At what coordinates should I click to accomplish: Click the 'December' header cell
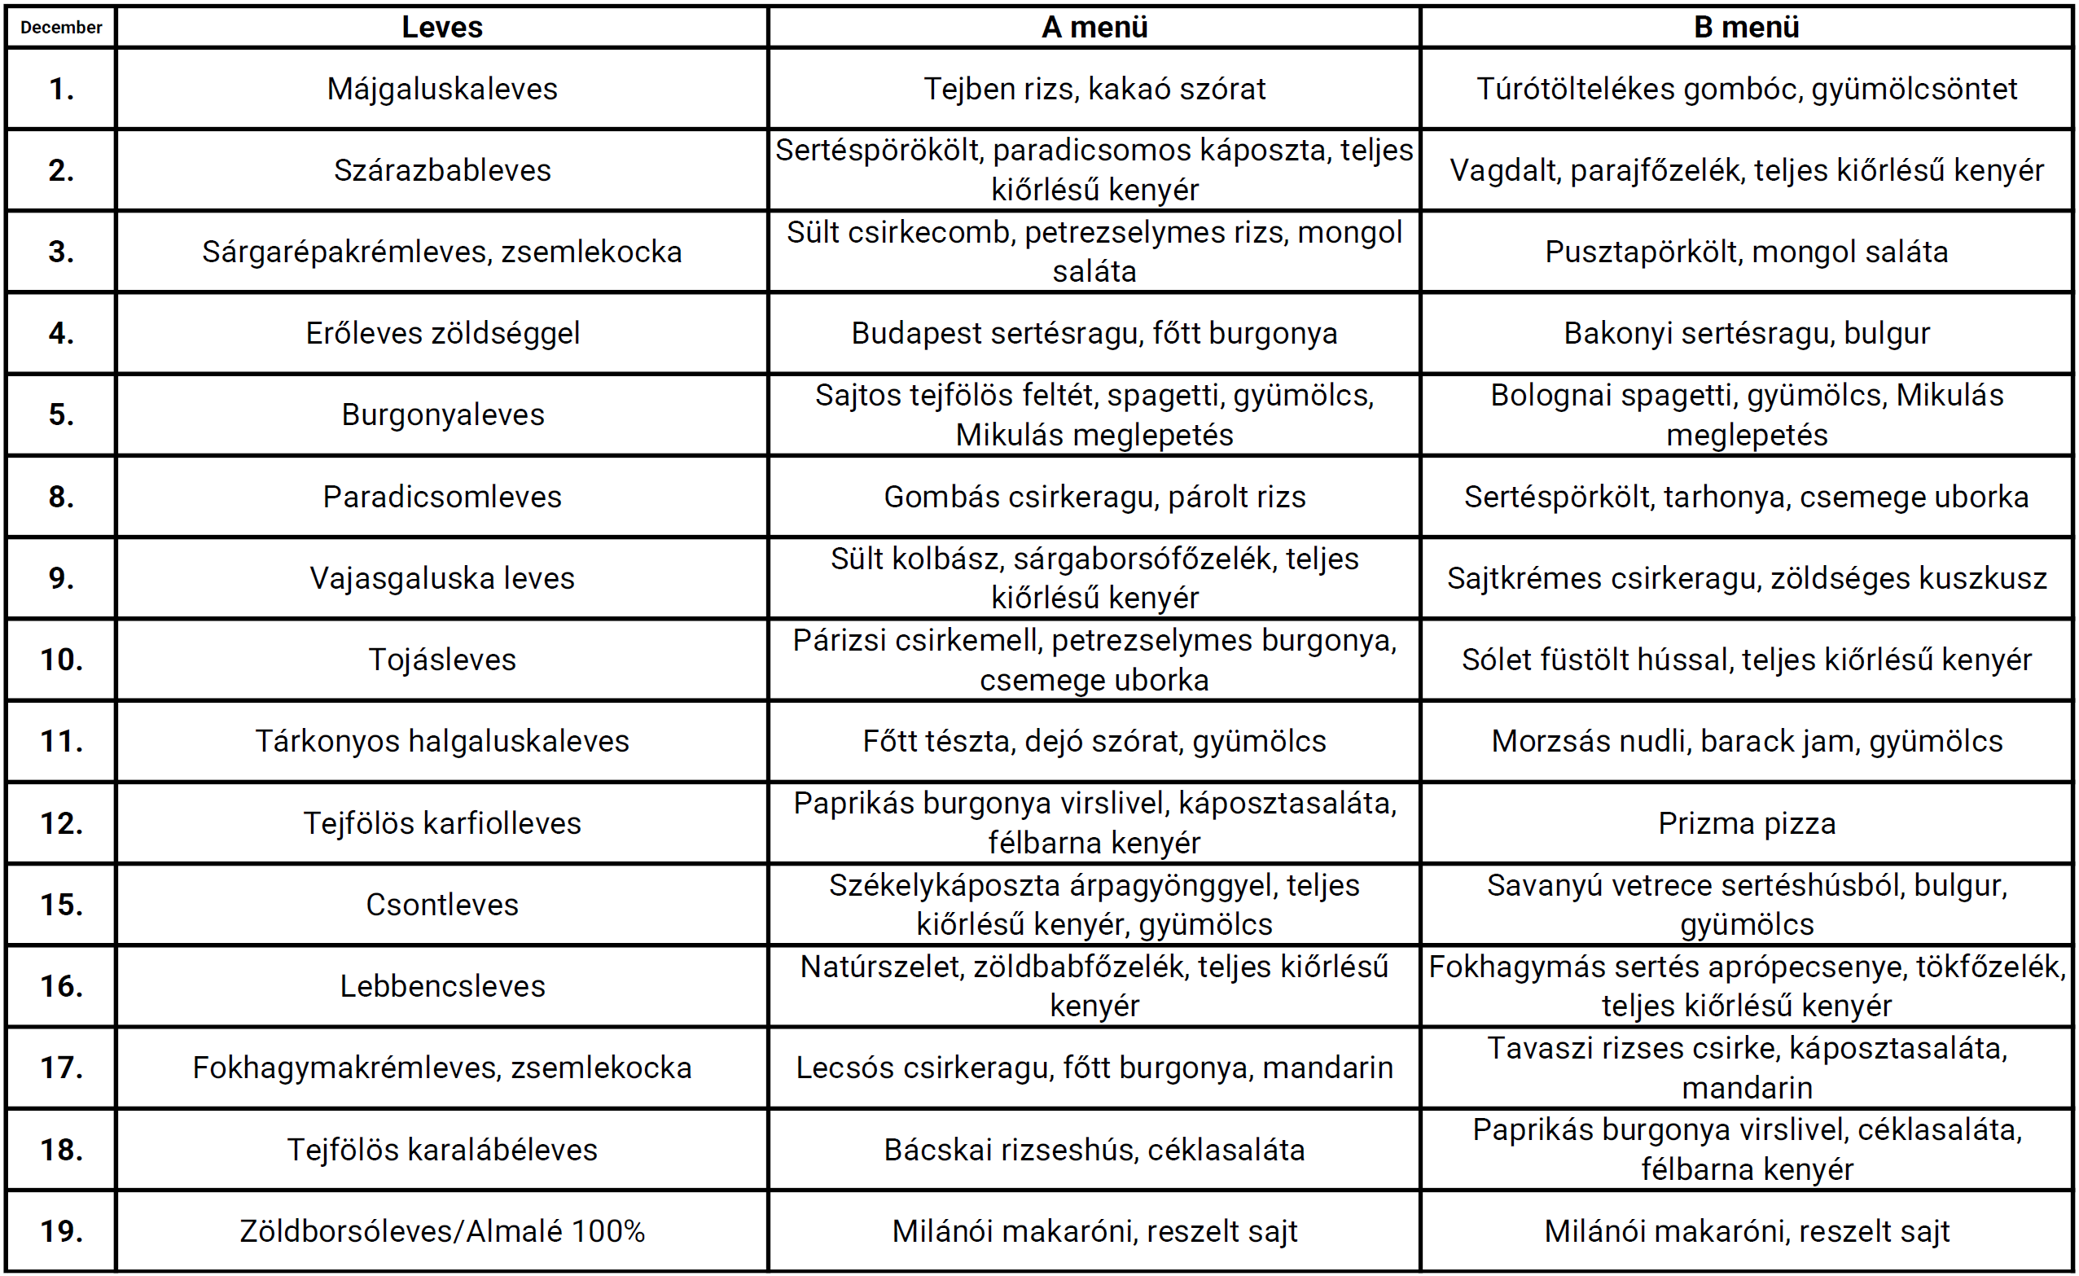61,27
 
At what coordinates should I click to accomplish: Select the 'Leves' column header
442,27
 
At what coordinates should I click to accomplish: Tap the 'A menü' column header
1094,27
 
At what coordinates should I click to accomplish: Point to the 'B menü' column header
1747,27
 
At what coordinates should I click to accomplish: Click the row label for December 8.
61,496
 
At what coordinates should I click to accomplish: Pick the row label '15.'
61,904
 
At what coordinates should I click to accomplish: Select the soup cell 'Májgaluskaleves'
442,89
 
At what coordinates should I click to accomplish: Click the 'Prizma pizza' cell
1747,822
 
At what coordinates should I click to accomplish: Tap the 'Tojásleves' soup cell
442,659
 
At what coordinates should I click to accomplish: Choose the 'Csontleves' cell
442,904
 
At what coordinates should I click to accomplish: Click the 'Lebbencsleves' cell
442,985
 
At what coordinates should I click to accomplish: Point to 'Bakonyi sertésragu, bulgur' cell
1747,333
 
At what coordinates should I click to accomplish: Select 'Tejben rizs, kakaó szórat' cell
1094,89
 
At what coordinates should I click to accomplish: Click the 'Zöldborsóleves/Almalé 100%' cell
442,1230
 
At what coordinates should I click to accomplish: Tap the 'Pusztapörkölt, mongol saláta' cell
1747,252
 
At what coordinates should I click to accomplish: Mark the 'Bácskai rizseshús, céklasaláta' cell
1094,1150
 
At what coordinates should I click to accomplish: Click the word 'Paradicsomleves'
442,496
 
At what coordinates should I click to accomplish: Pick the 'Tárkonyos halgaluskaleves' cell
442,741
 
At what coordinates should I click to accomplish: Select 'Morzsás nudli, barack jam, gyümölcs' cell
1747,741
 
